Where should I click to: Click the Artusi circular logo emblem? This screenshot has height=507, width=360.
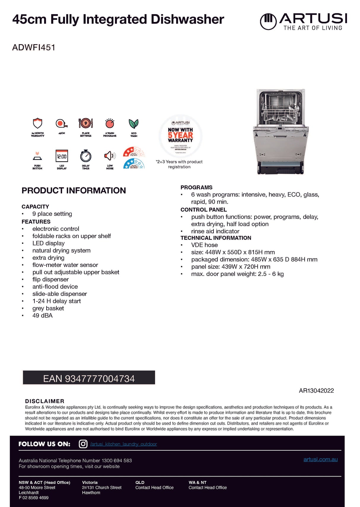click(268, 21)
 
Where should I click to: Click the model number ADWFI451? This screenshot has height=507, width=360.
click(34, 47)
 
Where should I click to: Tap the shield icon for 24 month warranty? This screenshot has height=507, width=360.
click(38, 124)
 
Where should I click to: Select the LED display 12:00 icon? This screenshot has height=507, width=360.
click(62, 156)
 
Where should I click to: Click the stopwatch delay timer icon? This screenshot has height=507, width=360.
click(86, 156)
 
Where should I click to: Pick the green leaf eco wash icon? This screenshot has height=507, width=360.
click(134, 124)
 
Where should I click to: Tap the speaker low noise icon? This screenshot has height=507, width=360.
click(110, 156)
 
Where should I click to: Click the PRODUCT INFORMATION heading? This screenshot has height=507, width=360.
click(74, 191)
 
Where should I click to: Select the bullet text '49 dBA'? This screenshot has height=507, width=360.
click(42, 316)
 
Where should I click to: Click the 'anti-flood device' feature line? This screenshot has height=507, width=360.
click(55, 287)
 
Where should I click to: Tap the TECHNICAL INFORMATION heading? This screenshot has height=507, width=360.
click(216, 238)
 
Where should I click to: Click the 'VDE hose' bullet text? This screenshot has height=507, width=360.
click(204, 245)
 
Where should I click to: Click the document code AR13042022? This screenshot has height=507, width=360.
click(316, 391)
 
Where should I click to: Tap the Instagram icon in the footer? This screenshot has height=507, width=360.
click(83, 444)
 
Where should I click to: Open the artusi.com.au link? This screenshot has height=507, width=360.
click(320, 459)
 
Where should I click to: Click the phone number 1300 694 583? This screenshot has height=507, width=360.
click(117, 460)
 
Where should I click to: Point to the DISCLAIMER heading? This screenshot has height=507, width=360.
click(44, 401)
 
